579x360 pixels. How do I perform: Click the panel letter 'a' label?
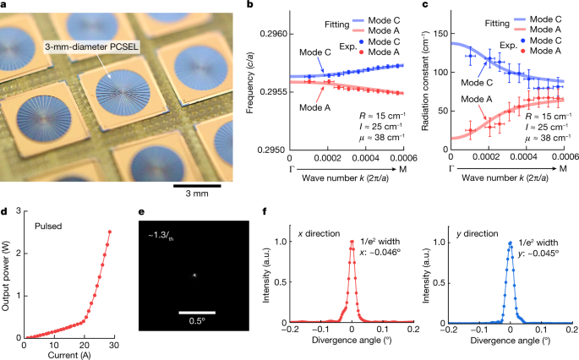[5, 6]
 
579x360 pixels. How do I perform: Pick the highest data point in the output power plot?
[109, 232]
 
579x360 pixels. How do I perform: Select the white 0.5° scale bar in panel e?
[197, 311]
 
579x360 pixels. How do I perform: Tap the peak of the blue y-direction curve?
[510, 243]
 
